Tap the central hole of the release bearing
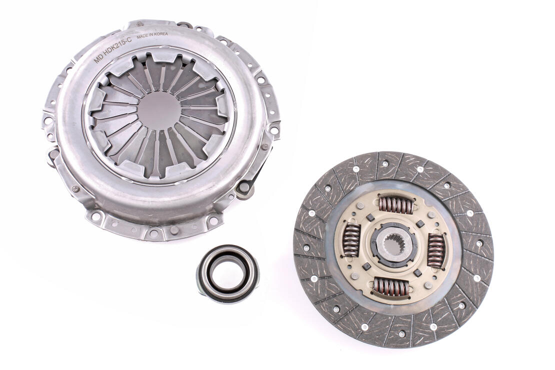point(228,272)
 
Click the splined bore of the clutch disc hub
point(393,245)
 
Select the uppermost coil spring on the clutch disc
point(396,204)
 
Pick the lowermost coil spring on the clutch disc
point(390,286)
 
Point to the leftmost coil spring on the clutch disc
point(351,240)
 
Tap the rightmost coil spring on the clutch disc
point(436,250)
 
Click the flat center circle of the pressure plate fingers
point(158,110)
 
